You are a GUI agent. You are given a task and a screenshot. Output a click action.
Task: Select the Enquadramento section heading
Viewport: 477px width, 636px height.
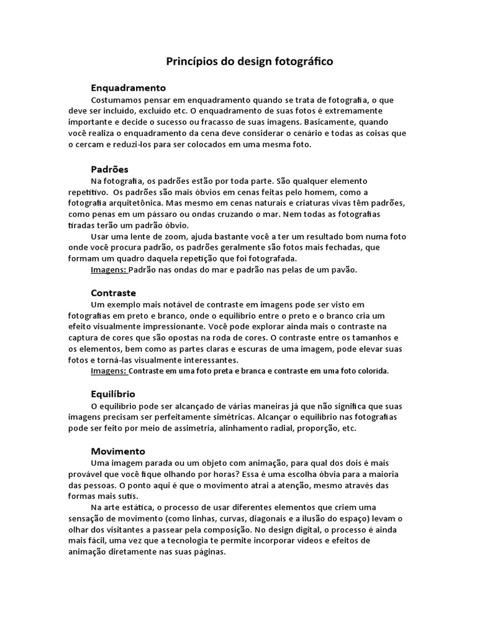[x=128, y=88]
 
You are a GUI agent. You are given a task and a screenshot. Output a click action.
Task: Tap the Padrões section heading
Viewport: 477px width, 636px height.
[x=109, y=169]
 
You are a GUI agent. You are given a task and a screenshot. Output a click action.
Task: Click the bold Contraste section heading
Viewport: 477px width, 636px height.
[x=113, y=293]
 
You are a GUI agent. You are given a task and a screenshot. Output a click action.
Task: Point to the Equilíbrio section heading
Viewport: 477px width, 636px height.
[x=112, y=394]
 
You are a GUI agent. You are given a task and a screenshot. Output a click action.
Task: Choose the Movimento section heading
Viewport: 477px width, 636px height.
[x=117, y=451]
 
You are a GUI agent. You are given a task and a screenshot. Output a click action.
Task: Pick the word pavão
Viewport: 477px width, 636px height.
[x=343, y=270]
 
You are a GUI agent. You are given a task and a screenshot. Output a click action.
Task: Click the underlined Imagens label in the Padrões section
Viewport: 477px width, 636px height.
[x=109, y=270]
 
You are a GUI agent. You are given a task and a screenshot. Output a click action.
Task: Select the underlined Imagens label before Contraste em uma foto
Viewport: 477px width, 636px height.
[x=109, y=371]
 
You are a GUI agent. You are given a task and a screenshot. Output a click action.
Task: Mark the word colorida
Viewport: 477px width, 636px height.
[x=370, y=371]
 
